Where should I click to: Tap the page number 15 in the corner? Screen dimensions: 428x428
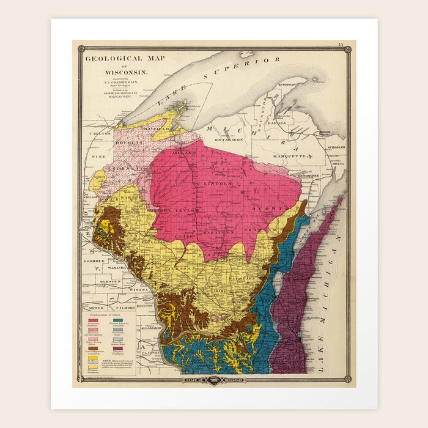(x=341, y=45)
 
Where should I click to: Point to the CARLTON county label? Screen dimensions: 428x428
(x=99, y=133)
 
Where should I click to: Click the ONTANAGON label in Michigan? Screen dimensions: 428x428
(x=230, y=139)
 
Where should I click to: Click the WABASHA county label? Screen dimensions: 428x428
(x=113, y=267)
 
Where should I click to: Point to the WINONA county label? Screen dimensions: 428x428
(x=141, y=289)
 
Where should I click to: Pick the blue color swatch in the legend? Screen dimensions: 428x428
(x=119, y=320)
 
